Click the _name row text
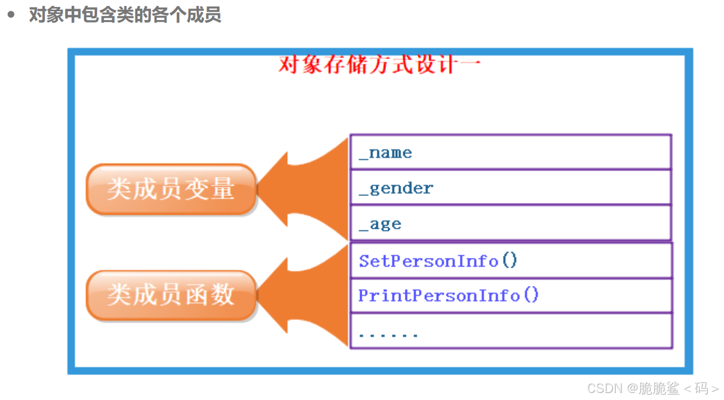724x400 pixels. [385, 153]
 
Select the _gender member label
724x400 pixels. [396, 188]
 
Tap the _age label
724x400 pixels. [380, 224]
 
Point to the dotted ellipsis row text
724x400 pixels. [388, 335]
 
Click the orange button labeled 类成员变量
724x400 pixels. [171, 189]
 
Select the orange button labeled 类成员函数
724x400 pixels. [171, 295]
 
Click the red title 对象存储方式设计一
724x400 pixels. [380, 65]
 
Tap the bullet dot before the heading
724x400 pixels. [11, 15]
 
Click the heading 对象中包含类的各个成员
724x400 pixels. [125, 15]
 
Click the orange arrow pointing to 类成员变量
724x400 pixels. [307, 189]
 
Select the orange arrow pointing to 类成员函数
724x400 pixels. [307, 295]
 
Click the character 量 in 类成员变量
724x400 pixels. [223, 189]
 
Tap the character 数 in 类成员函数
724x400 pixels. [223, 295]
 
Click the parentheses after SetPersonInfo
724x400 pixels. [509, 261]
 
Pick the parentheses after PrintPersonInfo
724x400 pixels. [531, 295]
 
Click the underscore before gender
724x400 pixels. [364, 193]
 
